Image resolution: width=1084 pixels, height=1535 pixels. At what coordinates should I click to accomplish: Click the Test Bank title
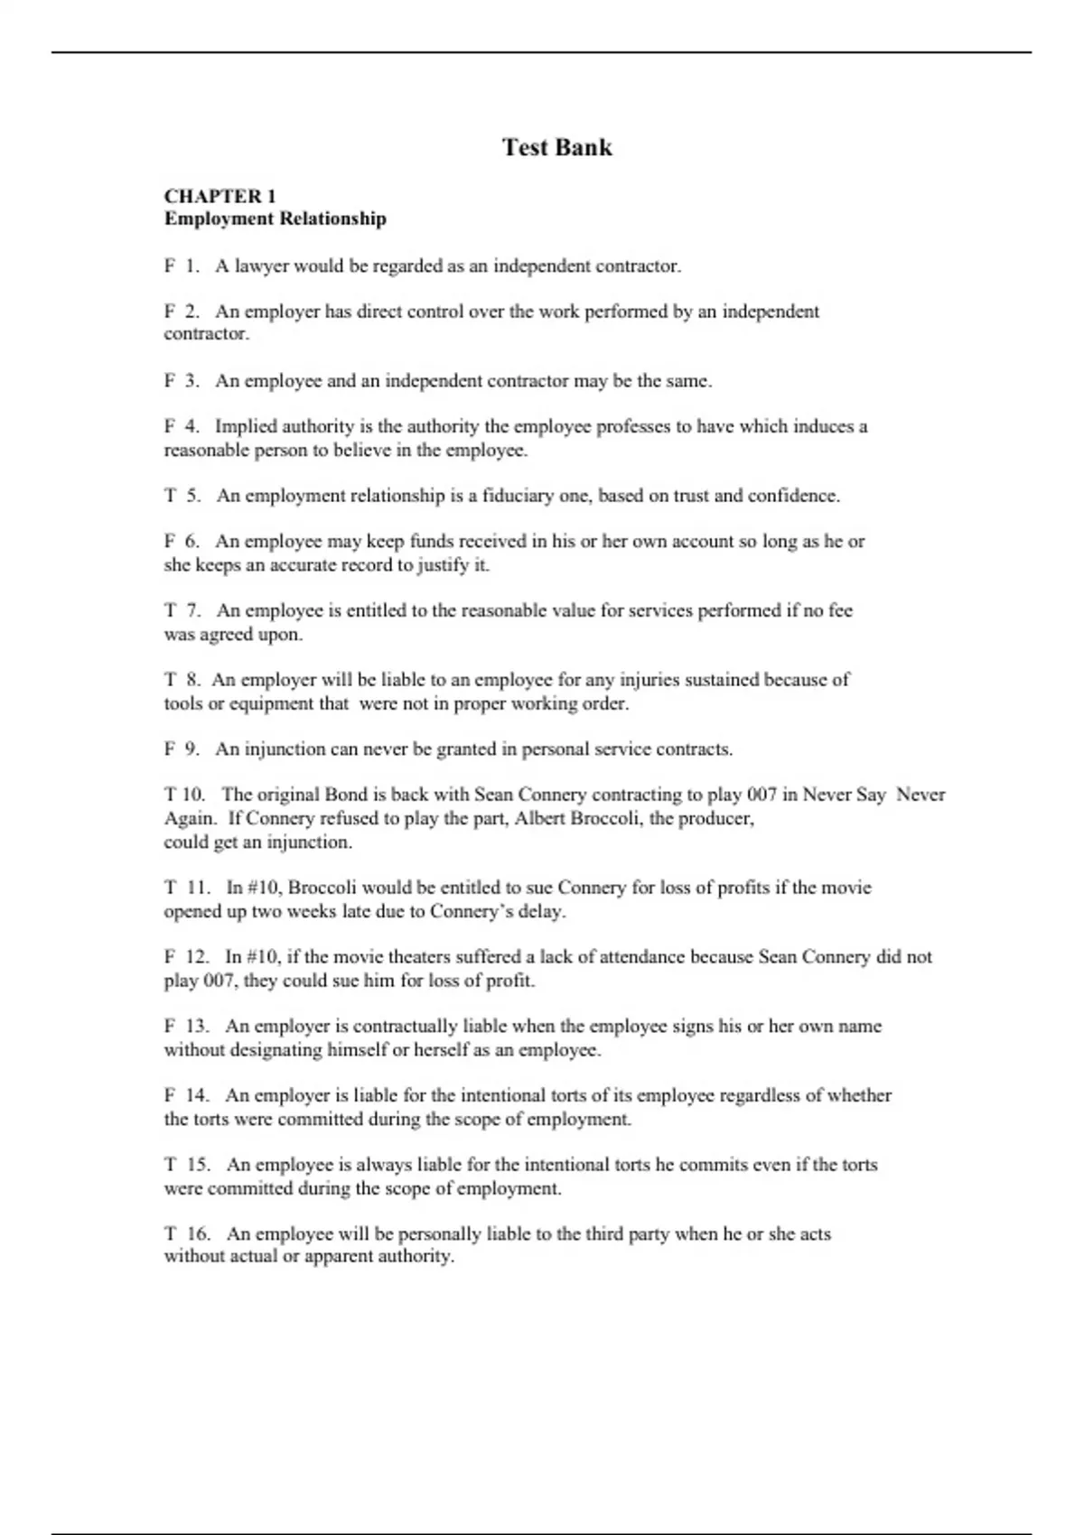tap(557, 147)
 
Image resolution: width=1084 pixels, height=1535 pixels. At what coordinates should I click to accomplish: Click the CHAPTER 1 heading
tap(220, 196)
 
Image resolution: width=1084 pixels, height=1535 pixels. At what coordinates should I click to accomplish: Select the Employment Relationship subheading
tap(275, 219)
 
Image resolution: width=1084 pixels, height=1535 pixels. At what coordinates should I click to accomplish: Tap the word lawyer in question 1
tap(262, 266)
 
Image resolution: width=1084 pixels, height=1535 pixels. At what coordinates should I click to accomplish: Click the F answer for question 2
tap(169, 312)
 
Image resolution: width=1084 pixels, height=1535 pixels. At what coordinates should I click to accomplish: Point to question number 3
tap(192, 381)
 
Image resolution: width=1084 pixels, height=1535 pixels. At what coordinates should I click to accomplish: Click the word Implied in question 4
tap(246, 426)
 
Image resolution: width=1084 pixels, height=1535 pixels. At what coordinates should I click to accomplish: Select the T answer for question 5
tap(169, 496)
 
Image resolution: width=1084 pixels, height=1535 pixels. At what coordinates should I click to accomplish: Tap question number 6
tap(192, 542)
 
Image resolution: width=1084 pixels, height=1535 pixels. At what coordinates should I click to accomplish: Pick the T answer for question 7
tap(169, 610)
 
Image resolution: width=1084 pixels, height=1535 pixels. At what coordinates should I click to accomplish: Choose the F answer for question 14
tap(169, 1095)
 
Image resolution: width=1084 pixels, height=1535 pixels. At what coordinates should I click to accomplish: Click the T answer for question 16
tap(169, 1233)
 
